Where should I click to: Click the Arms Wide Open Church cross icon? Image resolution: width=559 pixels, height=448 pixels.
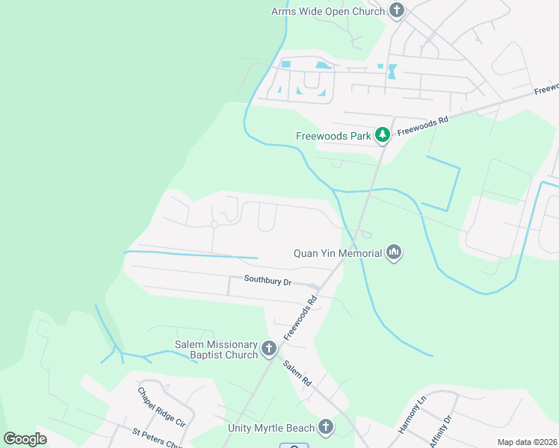pyautogui.click(x=397, y=10)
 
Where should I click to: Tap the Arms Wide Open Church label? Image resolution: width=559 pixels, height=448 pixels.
pyautogui.click(x=327, y=10)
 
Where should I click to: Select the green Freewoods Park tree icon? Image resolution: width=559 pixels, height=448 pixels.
pyautogui.click(x=383, y=135)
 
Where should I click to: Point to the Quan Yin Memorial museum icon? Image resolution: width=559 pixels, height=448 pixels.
pyautogui.click(x=394, y=253)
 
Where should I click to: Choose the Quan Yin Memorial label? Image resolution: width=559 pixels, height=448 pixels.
pyautogui.click(x=337, y=253)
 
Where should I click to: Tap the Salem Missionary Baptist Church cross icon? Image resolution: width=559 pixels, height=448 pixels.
pyautogui.click(x=268, y=348)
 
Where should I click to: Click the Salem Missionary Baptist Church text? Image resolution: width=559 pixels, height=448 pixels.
pyautogui.click(x=216, y=349)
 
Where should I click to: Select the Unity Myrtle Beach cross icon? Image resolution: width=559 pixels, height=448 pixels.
pyautogui.click(x=325, y=428)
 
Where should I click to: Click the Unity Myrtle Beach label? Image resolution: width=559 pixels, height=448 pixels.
pyautogui.click(x=272, y=429)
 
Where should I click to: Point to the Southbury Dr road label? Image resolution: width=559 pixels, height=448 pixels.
pyautogui.click(x=267, y=281)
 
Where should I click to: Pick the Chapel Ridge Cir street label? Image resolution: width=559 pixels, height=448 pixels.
pyautogui.click(x=160, y=406)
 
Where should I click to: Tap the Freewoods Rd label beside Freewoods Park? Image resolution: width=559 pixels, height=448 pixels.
pyautogui.click(x=422, y=125)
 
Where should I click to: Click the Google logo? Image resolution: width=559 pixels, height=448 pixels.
pyautogui.click(x=25, y=439)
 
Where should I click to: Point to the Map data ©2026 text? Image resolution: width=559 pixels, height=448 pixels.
pyautogui.click(x=526, y=442)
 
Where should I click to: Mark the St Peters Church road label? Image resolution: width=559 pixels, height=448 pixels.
pyautogui.click(x=157, y=439)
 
